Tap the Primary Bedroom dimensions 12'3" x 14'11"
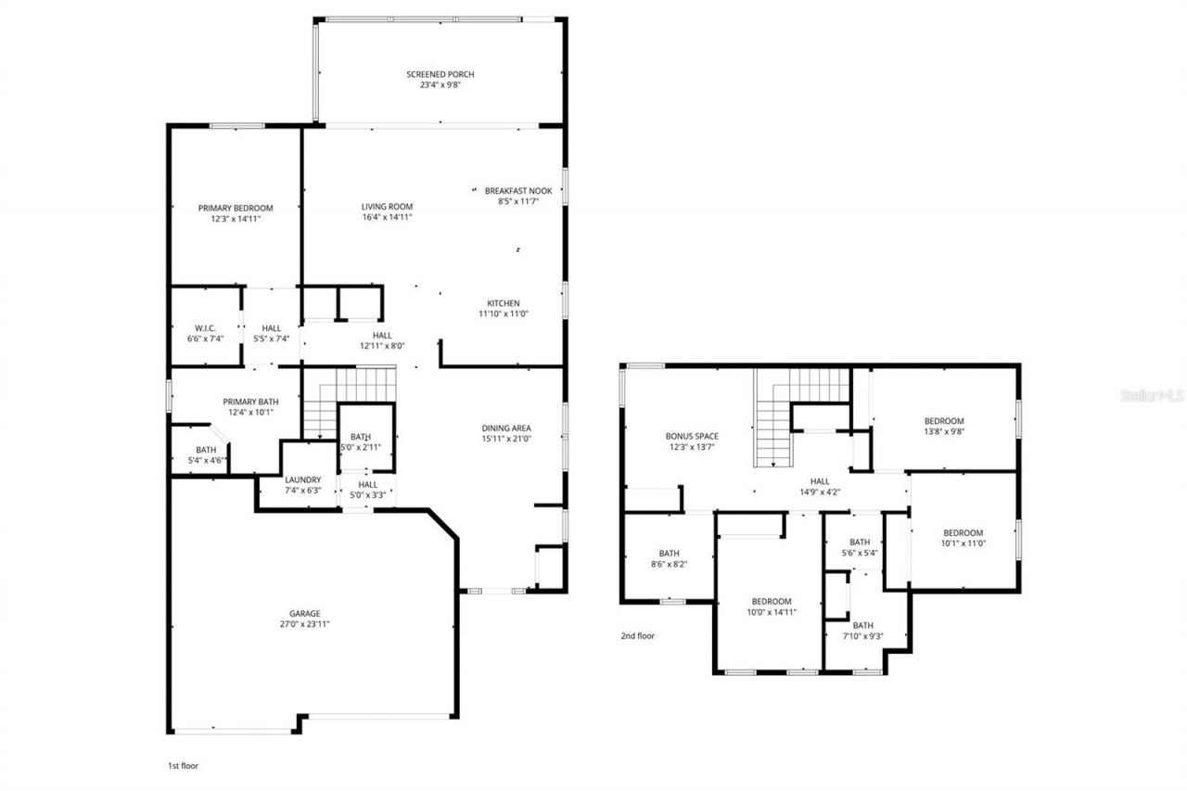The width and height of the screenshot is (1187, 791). [x=236, y=220]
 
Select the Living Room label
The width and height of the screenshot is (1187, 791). [x=387, y=207]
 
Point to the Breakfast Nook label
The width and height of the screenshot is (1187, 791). [x=518, y=191]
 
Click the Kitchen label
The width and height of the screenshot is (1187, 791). [x=504, y=303]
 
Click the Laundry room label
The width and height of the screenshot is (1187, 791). [x=302, y=479]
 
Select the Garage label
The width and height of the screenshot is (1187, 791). [x=304, y=613]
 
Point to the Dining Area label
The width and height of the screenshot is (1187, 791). [x=506, y=427]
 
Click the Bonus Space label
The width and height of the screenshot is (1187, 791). [x=692, y=436]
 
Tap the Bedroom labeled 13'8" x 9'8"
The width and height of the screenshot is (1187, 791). [x=944, y=421]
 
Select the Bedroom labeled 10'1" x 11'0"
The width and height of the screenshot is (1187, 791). [x=963, y=532]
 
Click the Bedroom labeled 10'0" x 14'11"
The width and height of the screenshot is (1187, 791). [x=772, y=601]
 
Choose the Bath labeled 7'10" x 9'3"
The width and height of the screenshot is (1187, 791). [x=862, y=625]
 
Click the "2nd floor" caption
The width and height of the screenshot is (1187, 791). [x=637, y=636]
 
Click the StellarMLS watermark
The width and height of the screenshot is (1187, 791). [x=1152, y=395]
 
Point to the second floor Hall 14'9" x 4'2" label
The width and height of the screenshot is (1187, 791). [x=820, y=481]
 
